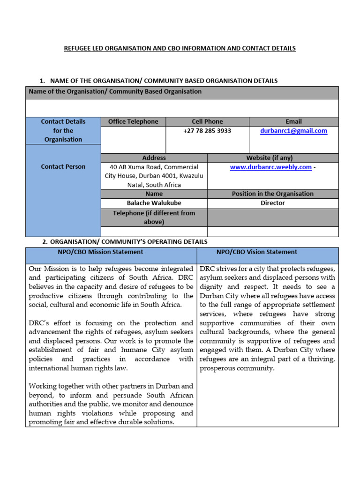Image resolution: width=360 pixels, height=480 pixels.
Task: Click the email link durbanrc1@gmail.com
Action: (x=293, y=131)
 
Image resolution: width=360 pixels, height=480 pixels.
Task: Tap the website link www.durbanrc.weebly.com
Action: (x=270, y=167)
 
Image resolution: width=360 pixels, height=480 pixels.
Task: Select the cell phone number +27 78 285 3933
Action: (x=207, y=131)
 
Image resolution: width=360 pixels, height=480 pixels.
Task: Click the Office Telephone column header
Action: (x=133, y=121)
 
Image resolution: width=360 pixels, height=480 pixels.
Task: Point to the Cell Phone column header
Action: (x=207, y=121)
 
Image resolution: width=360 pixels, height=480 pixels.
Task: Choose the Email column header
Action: (x=293, y=121)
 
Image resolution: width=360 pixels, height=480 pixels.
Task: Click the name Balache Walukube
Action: (x=154, y=203)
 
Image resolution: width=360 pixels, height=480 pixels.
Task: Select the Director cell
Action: (x=272, y=203)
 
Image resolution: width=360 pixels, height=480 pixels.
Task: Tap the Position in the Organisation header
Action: (x=272, y=194)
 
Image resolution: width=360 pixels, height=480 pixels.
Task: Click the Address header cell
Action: (x=154, y=158)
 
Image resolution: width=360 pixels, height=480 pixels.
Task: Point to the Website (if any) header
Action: (x=272, y=158)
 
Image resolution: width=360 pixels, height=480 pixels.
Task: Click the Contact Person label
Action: (x=63, y=166)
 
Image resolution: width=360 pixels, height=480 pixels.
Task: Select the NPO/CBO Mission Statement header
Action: (x=100, y=252)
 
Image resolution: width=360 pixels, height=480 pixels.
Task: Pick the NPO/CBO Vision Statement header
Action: (x=256, y=252)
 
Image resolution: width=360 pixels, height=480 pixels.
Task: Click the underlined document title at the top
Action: (x=180, y=48)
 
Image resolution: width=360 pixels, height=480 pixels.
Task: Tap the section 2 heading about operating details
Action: (x=128, y=242)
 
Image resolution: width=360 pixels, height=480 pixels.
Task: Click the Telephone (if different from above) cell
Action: (x=154, y=217)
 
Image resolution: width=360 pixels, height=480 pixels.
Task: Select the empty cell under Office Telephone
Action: (x=133, y=140)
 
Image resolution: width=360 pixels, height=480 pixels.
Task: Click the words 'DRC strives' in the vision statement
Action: (x=219, y=269)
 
